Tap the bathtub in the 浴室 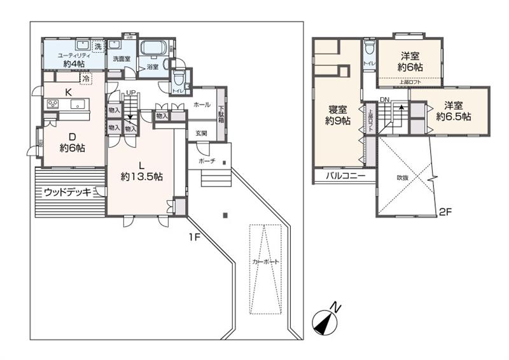tap(153, 50)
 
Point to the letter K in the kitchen tap(68, 92)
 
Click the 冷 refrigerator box tap(85, 79)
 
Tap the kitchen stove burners tap(52, 104)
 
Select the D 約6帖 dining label tap(72, 141)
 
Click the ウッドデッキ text tap(67, 191)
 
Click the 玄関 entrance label tap(201, 133)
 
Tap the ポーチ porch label tap(207, 162)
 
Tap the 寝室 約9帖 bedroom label tap(337, 114)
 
